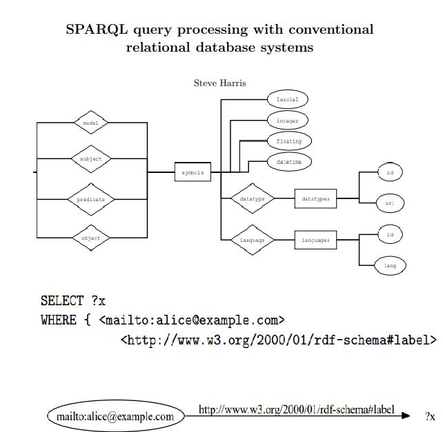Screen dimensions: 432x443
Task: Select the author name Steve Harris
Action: pyautogui.click(x=219, y=83)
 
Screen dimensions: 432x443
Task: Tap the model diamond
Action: pyautogui.click(x=91, y=123)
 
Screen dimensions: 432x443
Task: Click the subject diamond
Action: pyautogui.click(x=91, y=159)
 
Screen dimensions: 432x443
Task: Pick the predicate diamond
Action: pyautogui.click(x=91, y=200)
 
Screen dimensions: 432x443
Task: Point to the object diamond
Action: pyautogui.click(x=91, y=238)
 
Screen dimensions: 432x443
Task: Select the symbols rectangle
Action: pyautogui.click(x=193, y=173)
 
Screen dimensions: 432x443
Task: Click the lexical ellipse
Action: pyautogui.click(x=287, y=100)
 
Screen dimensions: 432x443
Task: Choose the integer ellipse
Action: pyautogui.click(x=287, y=121)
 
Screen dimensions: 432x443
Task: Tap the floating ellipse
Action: pyautogui.click(x=289, y=141)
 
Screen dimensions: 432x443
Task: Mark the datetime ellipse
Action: pyautogui.click(x=289, y=162)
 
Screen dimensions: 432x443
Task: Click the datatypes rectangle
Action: pyautogui.click(x=315, y=199)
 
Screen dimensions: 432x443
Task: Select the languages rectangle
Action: pyautogui.click(x=315, y=240)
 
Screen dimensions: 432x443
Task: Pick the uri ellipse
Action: pyautogui.click(x=390, y=203)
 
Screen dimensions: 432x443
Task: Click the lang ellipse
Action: pyautogui.click(x=390, y=265)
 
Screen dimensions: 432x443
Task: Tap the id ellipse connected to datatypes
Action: pyautogui.click(x=390, y=172)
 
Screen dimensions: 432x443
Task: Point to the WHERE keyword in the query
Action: pyautogui.click(x=59, y=320)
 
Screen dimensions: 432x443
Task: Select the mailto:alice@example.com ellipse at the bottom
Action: pyautogui.click(x=115, y=416)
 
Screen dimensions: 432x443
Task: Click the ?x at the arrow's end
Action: pyautogui.click(x=430, y=416)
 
